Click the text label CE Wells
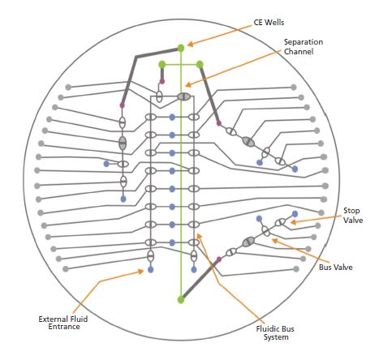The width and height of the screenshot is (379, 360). tap(269, 22)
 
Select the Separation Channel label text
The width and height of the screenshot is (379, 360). tap(304, 46)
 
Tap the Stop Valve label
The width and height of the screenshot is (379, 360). tap(353, 215)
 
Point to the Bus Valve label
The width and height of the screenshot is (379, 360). tap(335, 268)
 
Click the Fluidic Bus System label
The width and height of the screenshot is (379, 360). tap(275, 332)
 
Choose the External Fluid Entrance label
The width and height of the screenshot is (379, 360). tap(63, 323)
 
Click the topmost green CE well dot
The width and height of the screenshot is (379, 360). tap(181, 48)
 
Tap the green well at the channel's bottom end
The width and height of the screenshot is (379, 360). tap(181, 300)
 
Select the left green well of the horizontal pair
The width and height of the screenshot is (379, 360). tap(162, 64)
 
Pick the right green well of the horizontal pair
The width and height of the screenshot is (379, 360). tap(200, 64)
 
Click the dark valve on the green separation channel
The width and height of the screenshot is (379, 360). tap(184, 96)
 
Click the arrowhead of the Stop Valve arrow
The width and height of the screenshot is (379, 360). tap(291, 222)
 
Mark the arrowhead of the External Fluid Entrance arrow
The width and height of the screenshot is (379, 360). tap(142, 270)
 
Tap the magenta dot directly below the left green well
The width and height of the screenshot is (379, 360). tap(162, 81)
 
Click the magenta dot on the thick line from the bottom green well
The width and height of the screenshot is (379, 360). tap(219, 259)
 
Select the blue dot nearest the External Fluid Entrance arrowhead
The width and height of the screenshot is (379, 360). tap(150, 269)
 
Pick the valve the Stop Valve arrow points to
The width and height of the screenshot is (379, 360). tap(280, 222)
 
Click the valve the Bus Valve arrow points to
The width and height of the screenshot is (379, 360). tap(265, 231)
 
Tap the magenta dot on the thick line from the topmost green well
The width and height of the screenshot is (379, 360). tap(122, 105)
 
